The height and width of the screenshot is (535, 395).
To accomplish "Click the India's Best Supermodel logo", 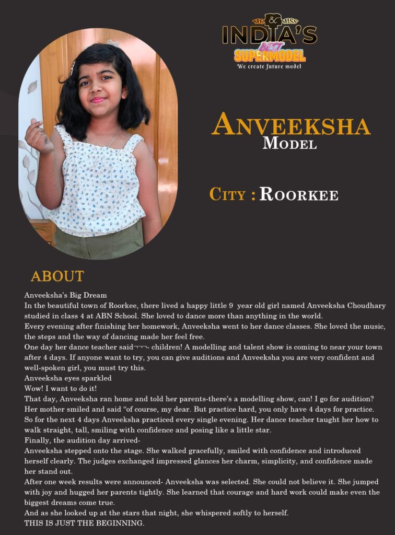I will point(269,39).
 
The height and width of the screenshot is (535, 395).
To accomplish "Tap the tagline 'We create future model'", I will point(269,66).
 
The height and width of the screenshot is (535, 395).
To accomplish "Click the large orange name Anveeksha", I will point(291,125).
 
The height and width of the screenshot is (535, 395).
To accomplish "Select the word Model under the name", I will point(289,143).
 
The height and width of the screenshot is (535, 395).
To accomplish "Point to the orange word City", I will point(228,194).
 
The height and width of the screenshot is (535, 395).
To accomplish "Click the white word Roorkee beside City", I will point(299,194).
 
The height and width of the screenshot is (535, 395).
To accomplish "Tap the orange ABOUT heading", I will point(57,276).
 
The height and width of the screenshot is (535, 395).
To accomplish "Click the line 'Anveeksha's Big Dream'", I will point(65,295).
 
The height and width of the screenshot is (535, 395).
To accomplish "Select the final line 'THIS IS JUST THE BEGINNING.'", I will point(84,523).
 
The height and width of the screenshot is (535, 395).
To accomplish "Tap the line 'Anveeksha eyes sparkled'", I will point(68,378).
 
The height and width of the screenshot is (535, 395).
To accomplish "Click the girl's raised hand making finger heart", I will point(38,137).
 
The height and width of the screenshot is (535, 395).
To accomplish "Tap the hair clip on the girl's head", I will point(112,44).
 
